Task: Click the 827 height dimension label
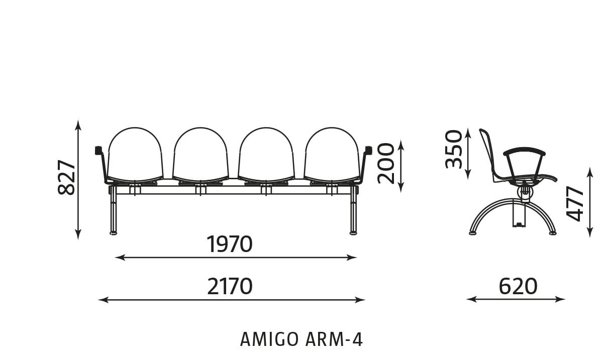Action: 66,177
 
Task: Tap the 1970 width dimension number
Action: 229,245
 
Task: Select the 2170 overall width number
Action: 230,287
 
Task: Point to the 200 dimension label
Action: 386,164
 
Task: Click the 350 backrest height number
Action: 454,149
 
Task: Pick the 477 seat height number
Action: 575,204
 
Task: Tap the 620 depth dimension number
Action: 518,287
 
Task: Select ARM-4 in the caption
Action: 334,339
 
